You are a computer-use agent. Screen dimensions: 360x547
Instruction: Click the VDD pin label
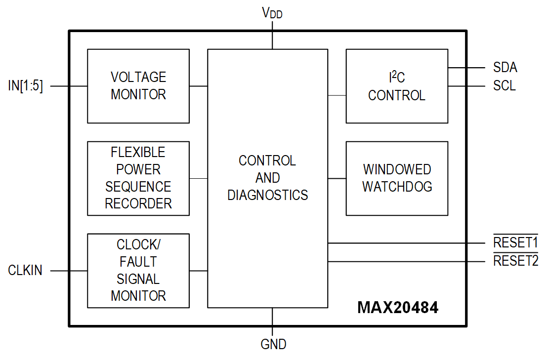coord(272,13)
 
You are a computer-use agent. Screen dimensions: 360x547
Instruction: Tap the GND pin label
coord(273,344)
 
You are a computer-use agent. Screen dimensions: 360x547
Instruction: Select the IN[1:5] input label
coord(26,86)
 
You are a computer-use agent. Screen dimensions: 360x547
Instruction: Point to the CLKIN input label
coord(25,271)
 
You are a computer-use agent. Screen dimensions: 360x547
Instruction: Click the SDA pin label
coord(505,68)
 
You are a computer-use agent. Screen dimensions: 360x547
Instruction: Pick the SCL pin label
coord(504,86)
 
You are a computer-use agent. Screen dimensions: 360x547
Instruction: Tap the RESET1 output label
coord(515,242)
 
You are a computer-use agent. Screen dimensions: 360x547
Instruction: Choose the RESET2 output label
coord(515,261)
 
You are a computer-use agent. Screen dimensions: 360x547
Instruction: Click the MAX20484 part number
coord(398,308)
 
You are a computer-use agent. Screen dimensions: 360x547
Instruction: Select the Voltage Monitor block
coord(138,86)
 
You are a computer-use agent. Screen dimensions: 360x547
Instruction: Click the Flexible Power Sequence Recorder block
coord(138,178)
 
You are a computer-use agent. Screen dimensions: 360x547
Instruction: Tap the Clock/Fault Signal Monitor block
coord(138,271)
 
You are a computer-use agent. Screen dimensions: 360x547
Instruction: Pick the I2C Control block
coord(397,86)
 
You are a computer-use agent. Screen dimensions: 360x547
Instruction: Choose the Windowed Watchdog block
coord(397,178)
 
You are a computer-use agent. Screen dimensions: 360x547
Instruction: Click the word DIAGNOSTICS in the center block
coord(267,195)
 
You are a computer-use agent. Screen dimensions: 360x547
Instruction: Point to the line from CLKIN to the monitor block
coord(69,271)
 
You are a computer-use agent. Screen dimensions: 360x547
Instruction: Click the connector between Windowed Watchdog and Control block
coord(337,178)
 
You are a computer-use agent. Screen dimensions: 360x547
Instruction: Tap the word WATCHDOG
coord(397,187)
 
